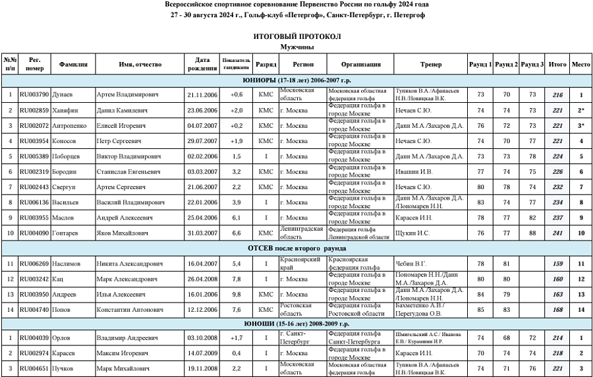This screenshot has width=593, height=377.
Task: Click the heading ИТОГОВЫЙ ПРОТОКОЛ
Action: point(296,36)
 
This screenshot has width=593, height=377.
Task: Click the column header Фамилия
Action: point(73,65)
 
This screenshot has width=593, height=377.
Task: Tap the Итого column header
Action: point(557,65)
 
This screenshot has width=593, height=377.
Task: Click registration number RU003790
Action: point(34,95)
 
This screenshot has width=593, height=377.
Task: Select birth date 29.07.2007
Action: point(202,141)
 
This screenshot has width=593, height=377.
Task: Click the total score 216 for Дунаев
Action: point(557,95)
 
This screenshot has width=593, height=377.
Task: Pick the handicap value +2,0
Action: point(237,110)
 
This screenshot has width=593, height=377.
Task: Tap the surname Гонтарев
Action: point(69,233)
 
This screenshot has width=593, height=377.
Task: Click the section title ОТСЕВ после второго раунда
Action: point(296,248)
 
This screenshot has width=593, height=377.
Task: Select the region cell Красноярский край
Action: point(300,264)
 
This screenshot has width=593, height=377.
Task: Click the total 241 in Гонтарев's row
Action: point(557,233)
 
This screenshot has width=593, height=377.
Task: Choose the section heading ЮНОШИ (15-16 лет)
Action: point(296,324)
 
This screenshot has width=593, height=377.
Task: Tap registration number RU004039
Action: point(34,338)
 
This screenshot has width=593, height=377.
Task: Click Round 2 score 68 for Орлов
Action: point(506,338)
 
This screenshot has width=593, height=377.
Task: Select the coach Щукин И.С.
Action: point(412,233)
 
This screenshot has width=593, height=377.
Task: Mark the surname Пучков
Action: point(67,369)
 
